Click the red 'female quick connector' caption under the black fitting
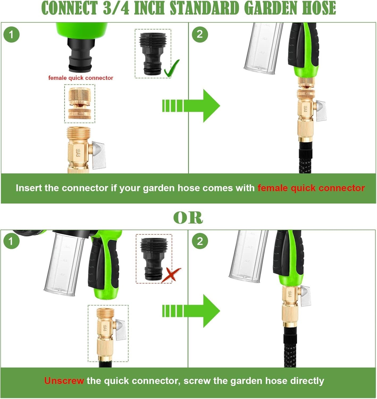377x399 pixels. point(81,78)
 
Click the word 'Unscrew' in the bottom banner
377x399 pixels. point(64,381)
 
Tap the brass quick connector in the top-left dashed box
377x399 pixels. point(80,103)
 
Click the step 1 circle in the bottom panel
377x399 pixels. point(11,241)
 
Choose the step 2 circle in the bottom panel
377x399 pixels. point(200,241)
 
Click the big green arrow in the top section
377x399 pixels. point(191,106)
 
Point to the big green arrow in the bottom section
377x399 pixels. point(191,311)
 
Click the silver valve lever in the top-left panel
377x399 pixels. point(99,155)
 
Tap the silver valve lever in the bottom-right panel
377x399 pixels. point(305,296)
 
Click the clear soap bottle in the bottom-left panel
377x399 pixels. point(64,264)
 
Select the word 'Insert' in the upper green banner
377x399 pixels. point(29,188)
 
